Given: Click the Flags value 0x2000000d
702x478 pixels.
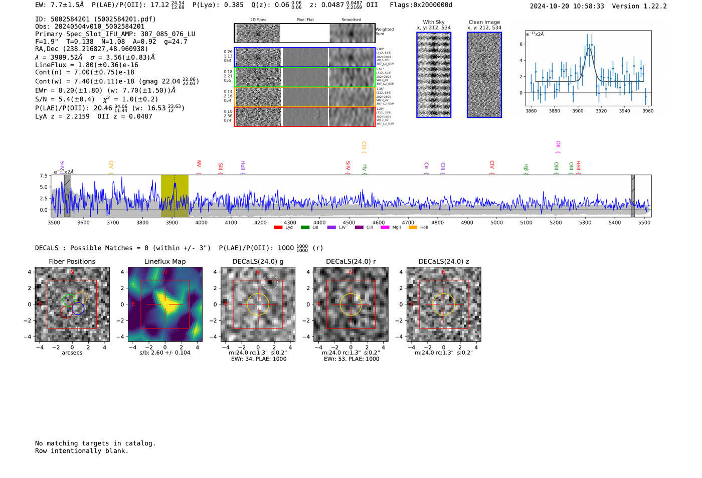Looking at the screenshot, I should (x=421, y=5).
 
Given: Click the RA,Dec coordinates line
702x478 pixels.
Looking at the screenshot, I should (x=91, y=49).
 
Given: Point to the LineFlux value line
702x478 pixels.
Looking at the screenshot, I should (x=86, y=65).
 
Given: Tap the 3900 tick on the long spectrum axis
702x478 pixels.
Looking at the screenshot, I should (x=171, y=222).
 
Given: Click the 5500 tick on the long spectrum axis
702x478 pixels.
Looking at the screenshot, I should (x=644, y=222).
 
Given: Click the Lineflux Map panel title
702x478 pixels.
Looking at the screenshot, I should (x=165, y=261).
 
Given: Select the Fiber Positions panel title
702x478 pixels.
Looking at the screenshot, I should (x=72, y=261).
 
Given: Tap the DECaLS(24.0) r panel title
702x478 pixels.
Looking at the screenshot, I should (x=350, y=261).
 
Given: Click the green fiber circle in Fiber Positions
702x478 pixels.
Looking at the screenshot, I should (x=69, y=300).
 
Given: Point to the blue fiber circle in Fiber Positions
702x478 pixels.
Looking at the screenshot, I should (x=78, y=309).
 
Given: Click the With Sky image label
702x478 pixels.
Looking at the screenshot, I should (x=433, y=22).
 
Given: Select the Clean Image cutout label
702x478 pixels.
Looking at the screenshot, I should (x=484, y=22).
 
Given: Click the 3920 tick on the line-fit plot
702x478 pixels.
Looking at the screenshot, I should (x=601, y=111).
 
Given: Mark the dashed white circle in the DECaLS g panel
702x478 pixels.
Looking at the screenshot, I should (x=270, y=283).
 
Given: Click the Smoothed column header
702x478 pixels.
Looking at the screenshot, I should (x=351, y=20).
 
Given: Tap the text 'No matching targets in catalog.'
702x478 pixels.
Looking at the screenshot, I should (x=95, y=443).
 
